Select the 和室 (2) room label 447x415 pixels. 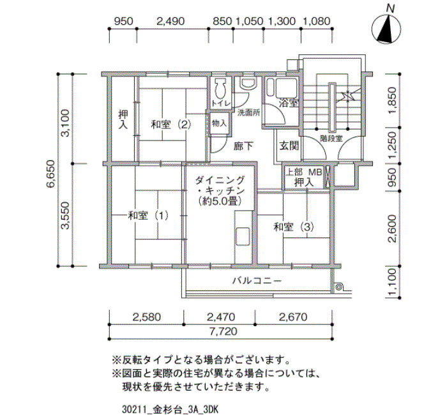(x=170, y=124)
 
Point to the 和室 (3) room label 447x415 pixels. (x=294, y=227)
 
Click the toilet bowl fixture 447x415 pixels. (x=220, y=88)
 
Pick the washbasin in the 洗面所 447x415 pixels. (x=248, y=83)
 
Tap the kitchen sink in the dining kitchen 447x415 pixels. (x=243, y=236)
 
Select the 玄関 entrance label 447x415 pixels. (x=289, y=146)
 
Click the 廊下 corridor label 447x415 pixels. (x=243, y=146)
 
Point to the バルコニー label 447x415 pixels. (x=257, y=281)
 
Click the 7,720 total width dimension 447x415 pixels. (x=223, y=331)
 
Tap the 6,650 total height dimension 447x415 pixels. (x=50, y=174)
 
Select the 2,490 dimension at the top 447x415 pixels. (x=170, y=21)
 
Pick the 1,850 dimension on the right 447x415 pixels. (x=393, y=100)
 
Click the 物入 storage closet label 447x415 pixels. (x=219, y=123)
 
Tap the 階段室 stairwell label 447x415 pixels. (x=331, y=139)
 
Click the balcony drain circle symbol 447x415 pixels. (x=338, y=287)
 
